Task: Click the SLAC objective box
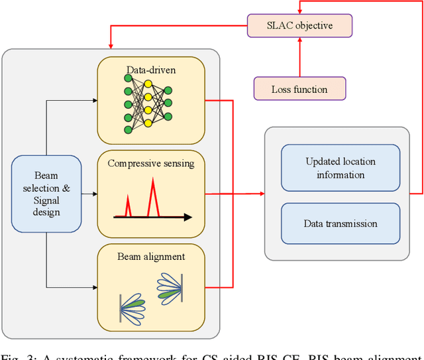coord(299,25)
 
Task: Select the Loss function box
coord(299,89)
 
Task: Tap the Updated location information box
coord(341,168)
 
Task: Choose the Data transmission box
coord(341,224)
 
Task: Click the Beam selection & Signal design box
coord(46,194)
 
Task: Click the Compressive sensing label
coord(151,163)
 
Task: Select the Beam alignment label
coord(151,256)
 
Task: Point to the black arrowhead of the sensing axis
coord(188,217)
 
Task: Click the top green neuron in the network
coord(128,79)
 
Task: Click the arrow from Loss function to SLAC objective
coord(299,57)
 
